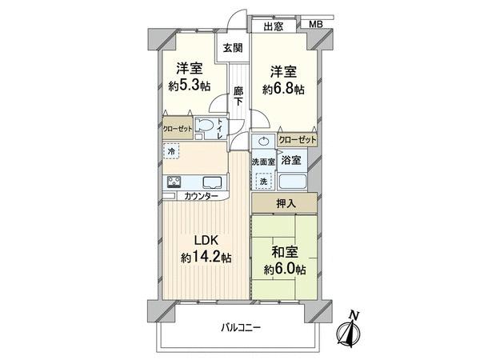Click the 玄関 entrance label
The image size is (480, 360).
(x=233, y=48)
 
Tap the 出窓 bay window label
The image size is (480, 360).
(x=274, y=26)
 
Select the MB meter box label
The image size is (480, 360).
(x=316, y=24)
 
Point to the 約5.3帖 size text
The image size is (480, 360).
(x=190, y=86)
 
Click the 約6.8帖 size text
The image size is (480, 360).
(x=283, y=89)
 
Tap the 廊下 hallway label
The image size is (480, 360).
(x=238, y=96)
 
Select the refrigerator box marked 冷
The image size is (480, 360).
(x=172, y=151)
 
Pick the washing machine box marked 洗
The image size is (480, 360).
(x=263, y=182)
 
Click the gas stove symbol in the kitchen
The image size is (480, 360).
(x=174, y=182)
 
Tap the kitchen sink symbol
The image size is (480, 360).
(x=212, y=182)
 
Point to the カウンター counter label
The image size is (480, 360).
(x=201, y=196)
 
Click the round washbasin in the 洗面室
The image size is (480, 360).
(x=263, y=142)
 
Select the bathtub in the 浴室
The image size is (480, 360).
(x=293, y=182)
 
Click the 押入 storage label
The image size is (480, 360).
(x=286, y=203)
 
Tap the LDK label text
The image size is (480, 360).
(x=206, y=241)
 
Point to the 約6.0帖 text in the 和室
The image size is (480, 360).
(x=285, y=269)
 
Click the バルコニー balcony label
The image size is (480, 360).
(x=241, y=328)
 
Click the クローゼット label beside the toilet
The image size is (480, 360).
(x=178, y=129)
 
